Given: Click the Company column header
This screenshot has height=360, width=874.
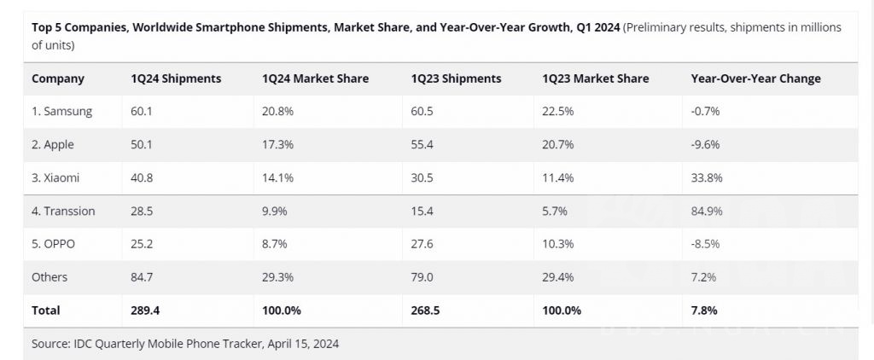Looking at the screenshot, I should coord(58,78).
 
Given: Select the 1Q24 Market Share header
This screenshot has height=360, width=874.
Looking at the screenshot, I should coord(316,78).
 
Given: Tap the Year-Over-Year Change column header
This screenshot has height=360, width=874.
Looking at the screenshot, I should coord(755,78).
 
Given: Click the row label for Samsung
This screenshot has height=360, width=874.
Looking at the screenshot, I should coord(61,111).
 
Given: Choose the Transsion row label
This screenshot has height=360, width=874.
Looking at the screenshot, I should coord(63,211).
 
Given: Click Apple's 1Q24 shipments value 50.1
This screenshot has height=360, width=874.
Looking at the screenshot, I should coord(142,144).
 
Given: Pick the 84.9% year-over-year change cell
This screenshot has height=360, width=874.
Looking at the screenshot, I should coord(705,211).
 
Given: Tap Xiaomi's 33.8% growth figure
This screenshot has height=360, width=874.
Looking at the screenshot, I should coord(705,177).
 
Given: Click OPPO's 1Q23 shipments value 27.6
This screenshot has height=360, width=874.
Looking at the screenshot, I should coord(422,244).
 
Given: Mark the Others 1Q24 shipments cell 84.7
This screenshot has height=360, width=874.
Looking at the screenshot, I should coord(142,277).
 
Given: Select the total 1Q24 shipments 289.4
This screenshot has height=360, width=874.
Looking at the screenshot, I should coord(146,311).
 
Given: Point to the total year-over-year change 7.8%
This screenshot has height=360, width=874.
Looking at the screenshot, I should coord(703,311).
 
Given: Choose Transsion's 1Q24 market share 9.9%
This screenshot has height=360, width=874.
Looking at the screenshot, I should coord(274,211).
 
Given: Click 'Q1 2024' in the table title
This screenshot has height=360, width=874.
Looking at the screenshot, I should coord(597,27).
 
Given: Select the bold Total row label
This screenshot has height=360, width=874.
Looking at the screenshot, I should coord(46,311).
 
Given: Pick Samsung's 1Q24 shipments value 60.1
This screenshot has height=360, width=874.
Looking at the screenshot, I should coord(142,111).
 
